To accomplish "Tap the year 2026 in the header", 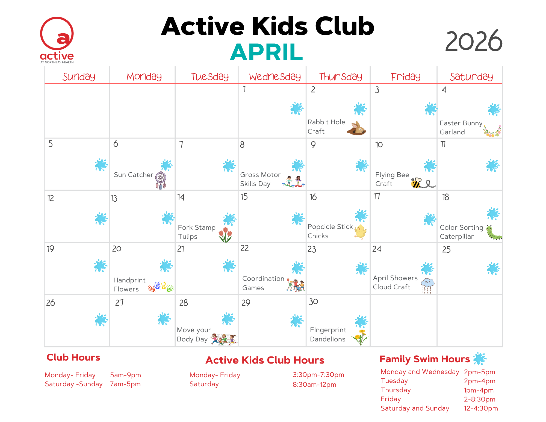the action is (x=474, y=41).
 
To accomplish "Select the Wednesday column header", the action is (x=275, y=77).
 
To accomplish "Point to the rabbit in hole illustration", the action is (x=356, y=128).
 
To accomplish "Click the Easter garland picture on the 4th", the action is (x=492, y=131).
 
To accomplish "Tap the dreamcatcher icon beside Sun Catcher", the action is (x=161, y=181).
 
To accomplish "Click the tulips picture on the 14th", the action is (x=225, y=235).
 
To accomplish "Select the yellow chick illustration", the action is (x=360, y=232).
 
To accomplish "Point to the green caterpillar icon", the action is (x=494, y=233).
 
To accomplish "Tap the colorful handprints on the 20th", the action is (x=161, y=287).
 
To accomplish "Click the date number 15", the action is (x=244, y=197).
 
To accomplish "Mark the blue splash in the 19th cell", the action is (x=101, y=266).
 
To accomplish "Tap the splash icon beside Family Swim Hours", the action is (x=480, y=359).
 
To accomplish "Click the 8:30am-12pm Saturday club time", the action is (x=314, y=385).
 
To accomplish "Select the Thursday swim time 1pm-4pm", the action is (x=479, y=390).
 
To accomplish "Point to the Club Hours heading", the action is (x=73, y=358).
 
